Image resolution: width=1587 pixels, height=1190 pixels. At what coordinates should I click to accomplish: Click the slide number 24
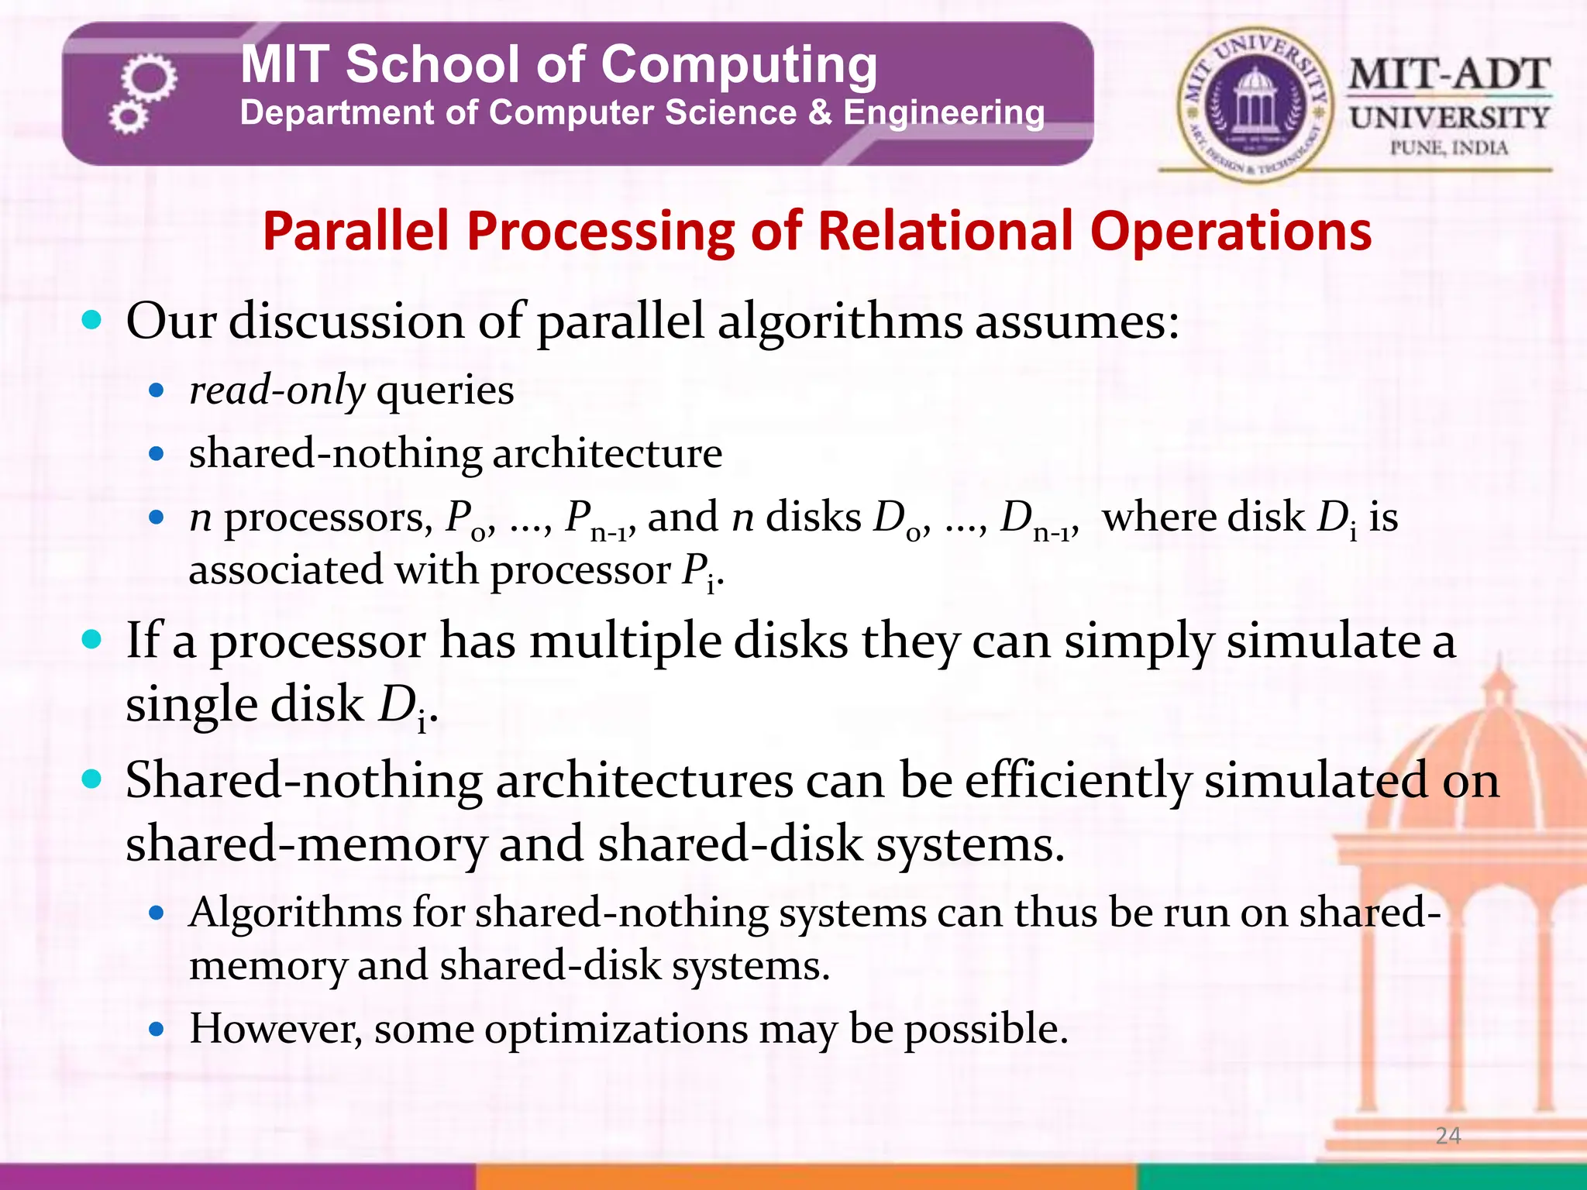click(1448, 1135)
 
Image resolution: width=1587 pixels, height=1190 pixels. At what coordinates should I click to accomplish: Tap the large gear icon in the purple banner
click(149, 78)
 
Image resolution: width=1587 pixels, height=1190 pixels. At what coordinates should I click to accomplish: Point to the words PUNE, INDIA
click(1448, 147)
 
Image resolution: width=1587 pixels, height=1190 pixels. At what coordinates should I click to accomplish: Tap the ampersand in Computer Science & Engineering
click(820, 113)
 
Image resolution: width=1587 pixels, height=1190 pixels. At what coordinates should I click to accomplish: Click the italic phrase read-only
click(277, 390)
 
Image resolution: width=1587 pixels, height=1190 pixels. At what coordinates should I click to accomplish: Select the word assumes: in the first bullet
click(1076, 321)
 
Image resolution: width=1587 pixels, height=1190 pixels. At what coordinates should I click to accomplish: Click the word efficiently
click(1077, 780)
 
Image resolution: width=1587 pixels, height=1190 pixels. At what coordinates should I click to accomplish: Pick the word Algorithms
click(294, 912)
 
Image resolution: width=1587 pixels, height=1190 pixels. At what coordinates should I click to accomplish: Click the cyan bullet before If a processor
click(91, 640)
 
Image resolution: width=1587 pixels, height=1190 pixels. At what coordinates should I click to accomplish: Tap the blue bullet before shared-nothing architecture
click(157, 454)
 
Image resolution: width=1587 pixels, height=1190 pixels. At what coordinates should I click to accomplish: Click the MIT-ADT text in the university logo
click(1448, 75)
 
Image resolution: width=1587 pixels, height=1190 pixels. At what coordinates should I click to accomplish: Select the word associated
click(284, 570)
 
